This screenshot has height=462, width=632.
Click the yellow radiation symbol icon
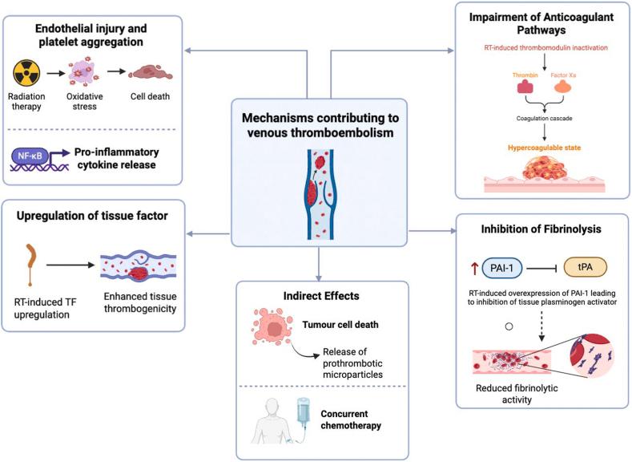click(x=29, y=75)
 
